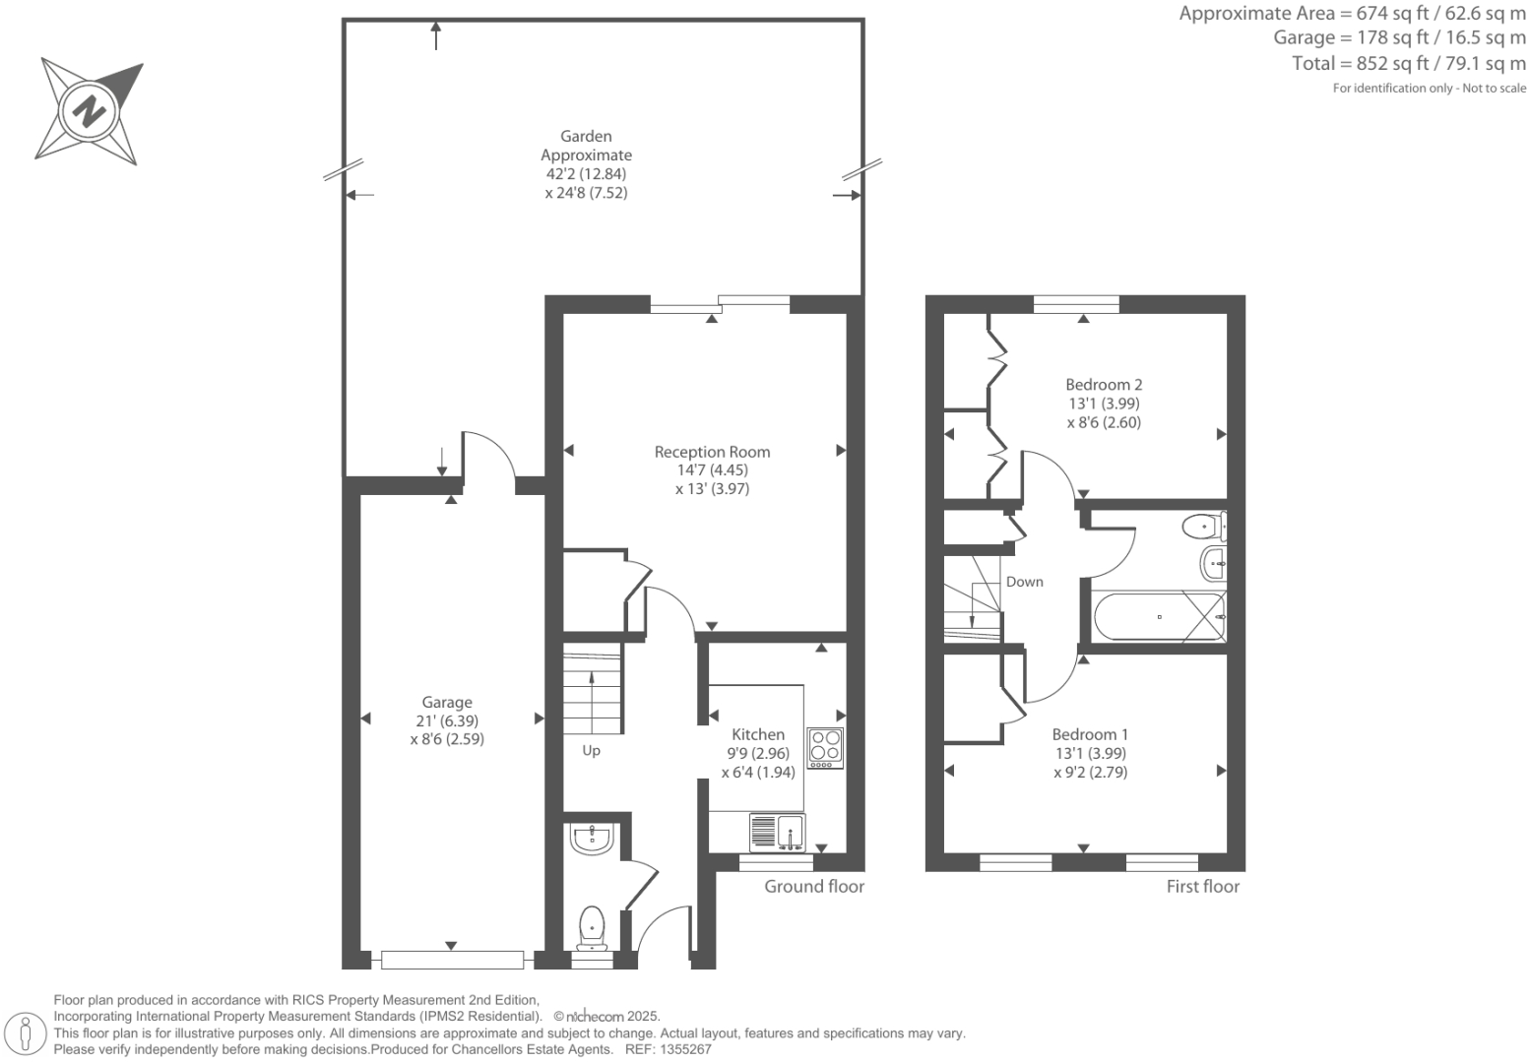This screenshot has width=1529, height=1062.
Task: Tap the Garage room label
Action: [447, 702]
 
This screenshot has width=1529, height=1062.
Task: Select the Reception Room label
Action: [712, 452]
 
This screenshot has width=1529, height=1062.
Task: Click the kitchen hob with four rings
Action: [825, 748]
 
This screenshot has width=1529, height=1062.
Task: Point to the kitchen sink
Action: [777, 833]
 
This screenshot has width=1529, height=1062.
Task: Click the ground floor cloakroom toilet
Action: [592, 928]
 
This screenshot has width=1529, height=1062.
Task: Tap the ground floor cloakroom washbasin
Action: [591, 839]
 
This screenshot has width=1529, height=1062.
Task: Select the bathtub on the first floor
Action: [1159, 617]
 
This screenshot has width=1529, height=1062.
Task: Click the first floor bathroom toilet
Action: [1204, 527]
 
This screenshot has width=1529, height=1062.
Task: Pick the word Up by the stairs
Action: [591, 750]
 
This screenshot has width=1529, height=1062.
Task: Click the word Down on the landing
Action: [1024, 582]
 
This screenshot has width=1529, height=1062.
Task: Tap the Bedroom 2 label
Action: [1104, 385]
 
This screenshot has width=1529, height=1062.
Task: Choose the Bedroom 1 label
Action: [1090, 734]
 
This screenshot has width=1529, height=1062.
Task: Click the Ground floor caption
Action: [814, 886]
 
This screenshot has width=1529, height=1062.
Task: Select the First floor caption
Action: [1202, 886]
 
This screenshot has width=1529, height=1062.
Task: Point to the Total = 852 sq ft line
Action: [1408, 63]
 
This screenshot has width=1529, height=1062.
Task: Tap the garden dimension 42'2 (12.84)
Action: [586, 174]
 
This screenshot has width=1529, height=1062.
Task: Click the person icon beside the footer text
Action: [27, 1033]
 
